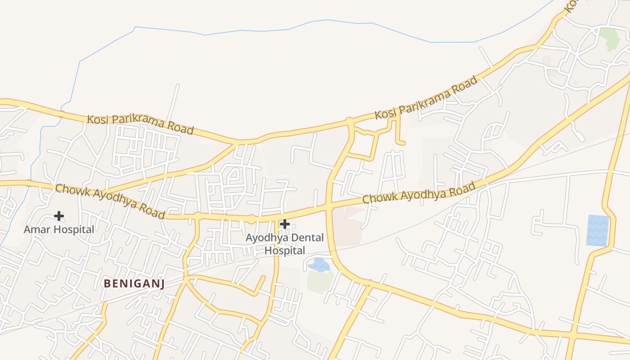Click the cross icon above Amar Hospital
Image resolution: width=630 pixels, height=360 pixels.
click(x=59, y=216)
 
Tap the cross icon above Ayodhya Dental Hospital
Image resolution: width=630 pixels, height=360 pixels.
click(x=284, y=224)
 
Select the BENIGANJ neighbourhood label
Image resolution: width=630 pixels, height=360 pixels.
click(x=134, y=283)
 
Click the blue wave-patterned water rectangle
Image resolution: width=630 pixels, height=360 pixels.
click(x=598, y=230)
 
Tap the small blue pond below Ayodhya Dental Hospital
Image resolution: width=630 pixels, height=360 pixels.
click(x=319, y=265)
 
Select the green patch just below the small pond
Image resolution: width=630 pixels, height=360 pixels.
click(x=320, y=282)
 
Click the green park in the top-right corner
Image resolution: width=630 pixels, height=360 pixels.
click(x=609, y=38)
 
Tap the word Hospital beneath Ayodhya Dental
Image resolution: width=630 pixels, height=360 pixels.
click(x=285, y=251)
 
